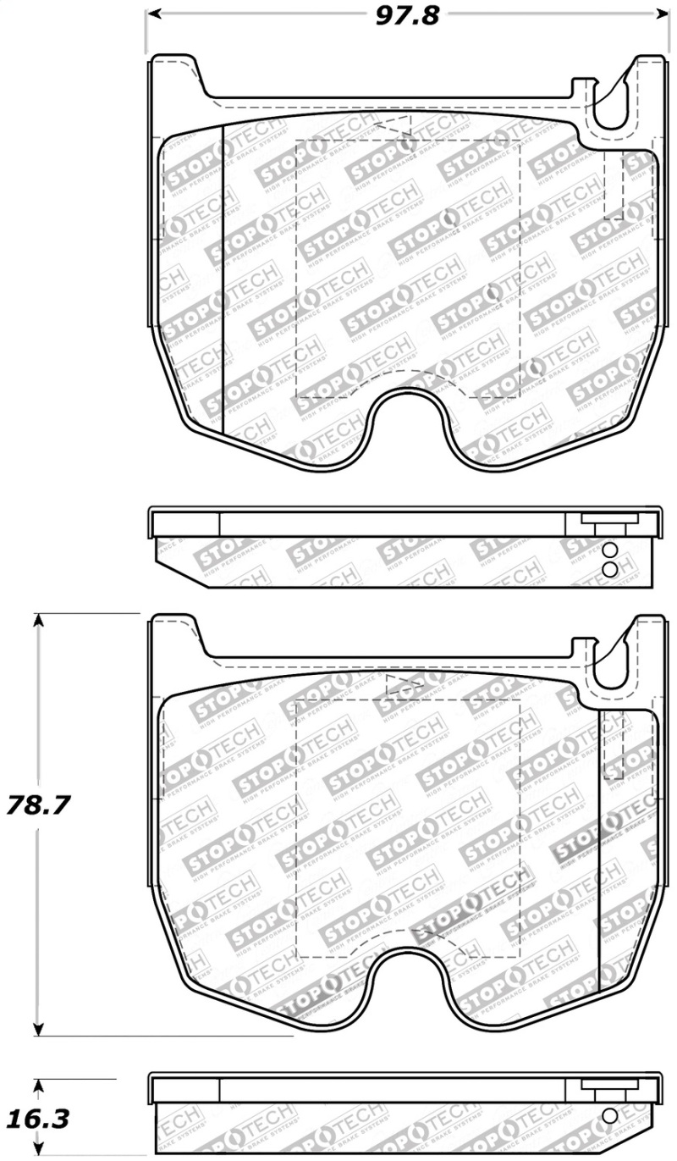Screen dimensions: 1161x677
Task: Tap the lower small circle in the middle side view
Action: [608, 569]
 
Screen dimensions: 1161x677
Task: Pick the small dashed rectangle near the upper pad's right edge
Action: [614, 186]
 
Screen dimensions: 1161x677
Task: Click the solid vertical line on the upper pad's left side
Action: [221, 279]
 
